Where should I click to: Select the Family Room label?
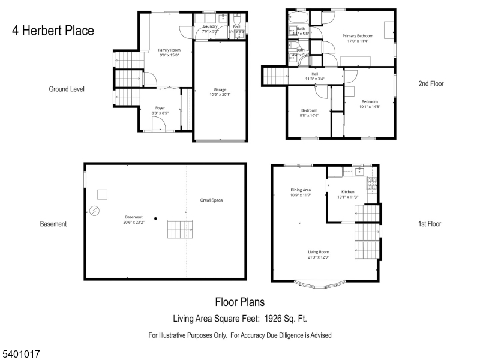[x=170, y=52]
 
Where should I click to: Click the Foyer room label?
[x=160, y=110]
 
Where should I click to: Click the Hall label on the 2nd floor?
[x=314, y=76]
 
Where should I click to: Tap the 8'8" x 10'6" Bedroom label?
[x=309, y=113]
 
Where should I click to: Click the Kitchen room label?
[x=347, y=194]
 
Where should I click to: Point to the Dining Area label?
[x=301, y=193]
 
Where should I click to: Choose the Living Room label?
[x=319, y=254]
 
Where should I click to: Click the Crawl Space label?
[x=211, y=200]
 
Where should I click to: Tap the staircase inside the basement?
[x=179, y=229]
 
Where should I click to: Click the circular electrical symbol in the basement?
[x=95, y=211]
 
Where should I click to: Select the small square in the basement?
[x=103, y=194]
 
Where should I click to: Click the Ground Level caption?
[x=67, y=89]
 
